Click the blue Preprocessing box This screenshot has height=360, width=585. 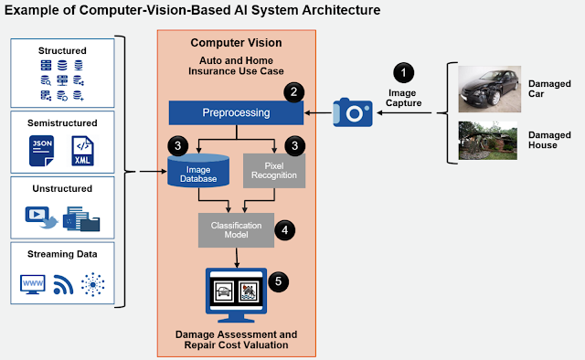(x=236, y=112)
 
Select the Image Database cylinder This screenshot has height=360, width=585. (x=198, y=171)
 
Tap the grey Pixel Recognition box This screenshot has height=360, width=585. (x=274, y=171)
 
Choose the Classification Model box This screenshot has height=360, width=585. (x=236, y=230)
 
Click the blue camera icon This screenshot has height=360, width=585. (x=353, y=112)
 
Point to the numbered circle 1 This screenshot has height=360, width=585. (x=403, y=73)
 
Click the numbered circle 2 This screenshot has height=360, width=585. (x=294, y=91)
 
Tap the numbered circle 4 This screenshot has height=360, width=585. (x=284, y=230)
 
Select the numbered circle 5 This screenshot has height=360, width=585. (x=278, y=281)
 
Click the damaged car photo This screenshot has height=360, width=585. (x=490, y=90)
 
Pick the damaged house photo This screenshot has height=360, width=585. (x=487, y=141)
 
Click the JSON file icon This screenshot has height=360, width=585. (x=41, y=151)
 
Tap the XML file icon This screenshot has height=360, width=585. (x=82, y=151)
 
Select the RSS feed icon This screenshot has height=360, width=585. (x=63, y=285)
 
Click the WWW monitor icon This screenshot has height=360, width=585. (x=33, y=285)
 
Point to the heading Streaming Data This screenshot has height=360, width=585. (x=62, y=254)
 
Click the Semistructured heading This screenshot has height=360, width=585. (x=62, y=123)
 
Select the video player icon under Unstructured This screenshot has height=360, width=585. (x=41, y=217)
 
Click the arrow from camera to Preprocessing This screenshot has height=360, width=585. (x=318, y=112)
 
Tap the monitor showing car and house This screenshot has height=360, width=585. (x=236, y=295)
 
